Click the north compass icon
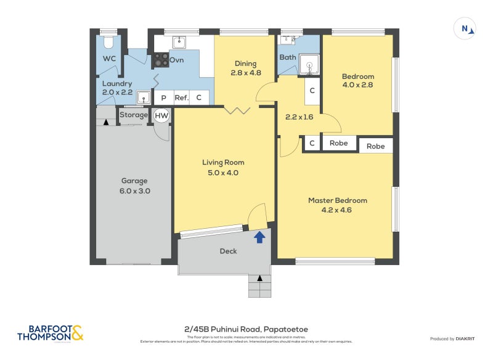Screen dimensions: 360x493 coord(465,28)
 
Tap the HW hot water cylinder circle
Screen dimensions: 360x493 coord(161,115)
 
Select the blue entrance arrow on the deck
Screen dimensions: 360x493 coord(260,237)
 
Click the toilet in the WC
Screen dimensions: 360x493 coord(109,43)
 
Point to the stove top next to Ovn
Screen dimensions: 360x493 coord(161,60)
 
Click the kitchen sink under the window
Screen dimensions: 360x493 coord(179,42)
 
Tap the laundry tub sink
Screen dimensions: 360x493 coord(144,97)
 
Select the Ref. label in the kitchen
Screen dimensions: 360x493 coord(181,97)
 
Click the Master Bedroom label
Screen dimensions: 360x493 coord(338,200)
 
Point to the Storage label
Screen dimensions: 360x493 coord(134,115)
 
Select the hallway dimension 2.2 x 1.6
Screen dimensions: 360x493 coord(299,117)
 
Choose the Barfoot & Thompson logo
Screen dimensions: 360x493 coord(49,333)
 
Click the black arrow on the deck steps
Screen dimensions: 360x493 coord(260,279)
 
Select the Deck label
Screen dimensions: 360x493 coord(228,251)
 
